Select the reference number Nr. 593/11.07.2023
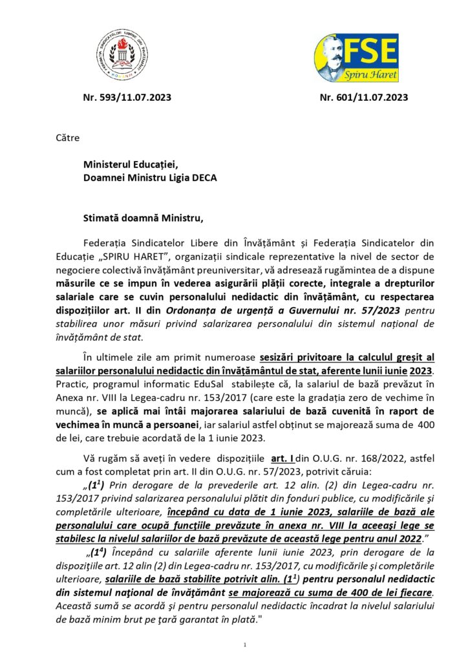[127, 98]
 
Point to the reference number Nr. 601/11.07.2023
[364, 98]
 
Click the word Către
[65, 138]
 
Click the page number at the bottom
[245, 645]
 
